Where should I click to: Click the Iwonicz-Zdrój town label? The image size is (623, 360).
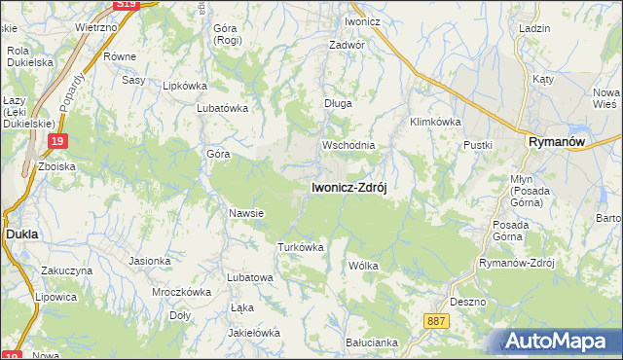pos(348,188)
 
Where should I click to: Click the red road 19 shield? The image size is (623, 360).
pos(57,143)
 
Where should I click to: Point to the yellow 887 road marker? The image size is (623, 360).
pos(438,319)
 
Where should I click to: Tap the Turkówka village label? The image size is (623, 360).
pos(300,247)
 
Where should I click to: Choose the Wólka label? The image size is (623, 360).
pos(362,265)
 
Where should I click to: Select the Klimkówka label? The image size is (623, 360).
pos(435,122)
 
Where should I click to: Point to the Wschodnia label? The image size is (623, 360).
pos(348,145)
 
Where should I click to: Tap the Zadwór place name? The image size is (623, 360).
pos(347,45)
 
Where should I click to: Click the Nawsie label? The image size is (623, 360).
pos(246,213)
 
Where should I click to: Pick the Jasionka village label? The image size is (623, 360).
pos(150,261)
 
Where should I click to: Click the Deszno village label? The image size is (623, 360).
pos(468,302)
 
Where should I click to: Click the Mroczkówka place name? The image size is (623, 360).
pos(182,291)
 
